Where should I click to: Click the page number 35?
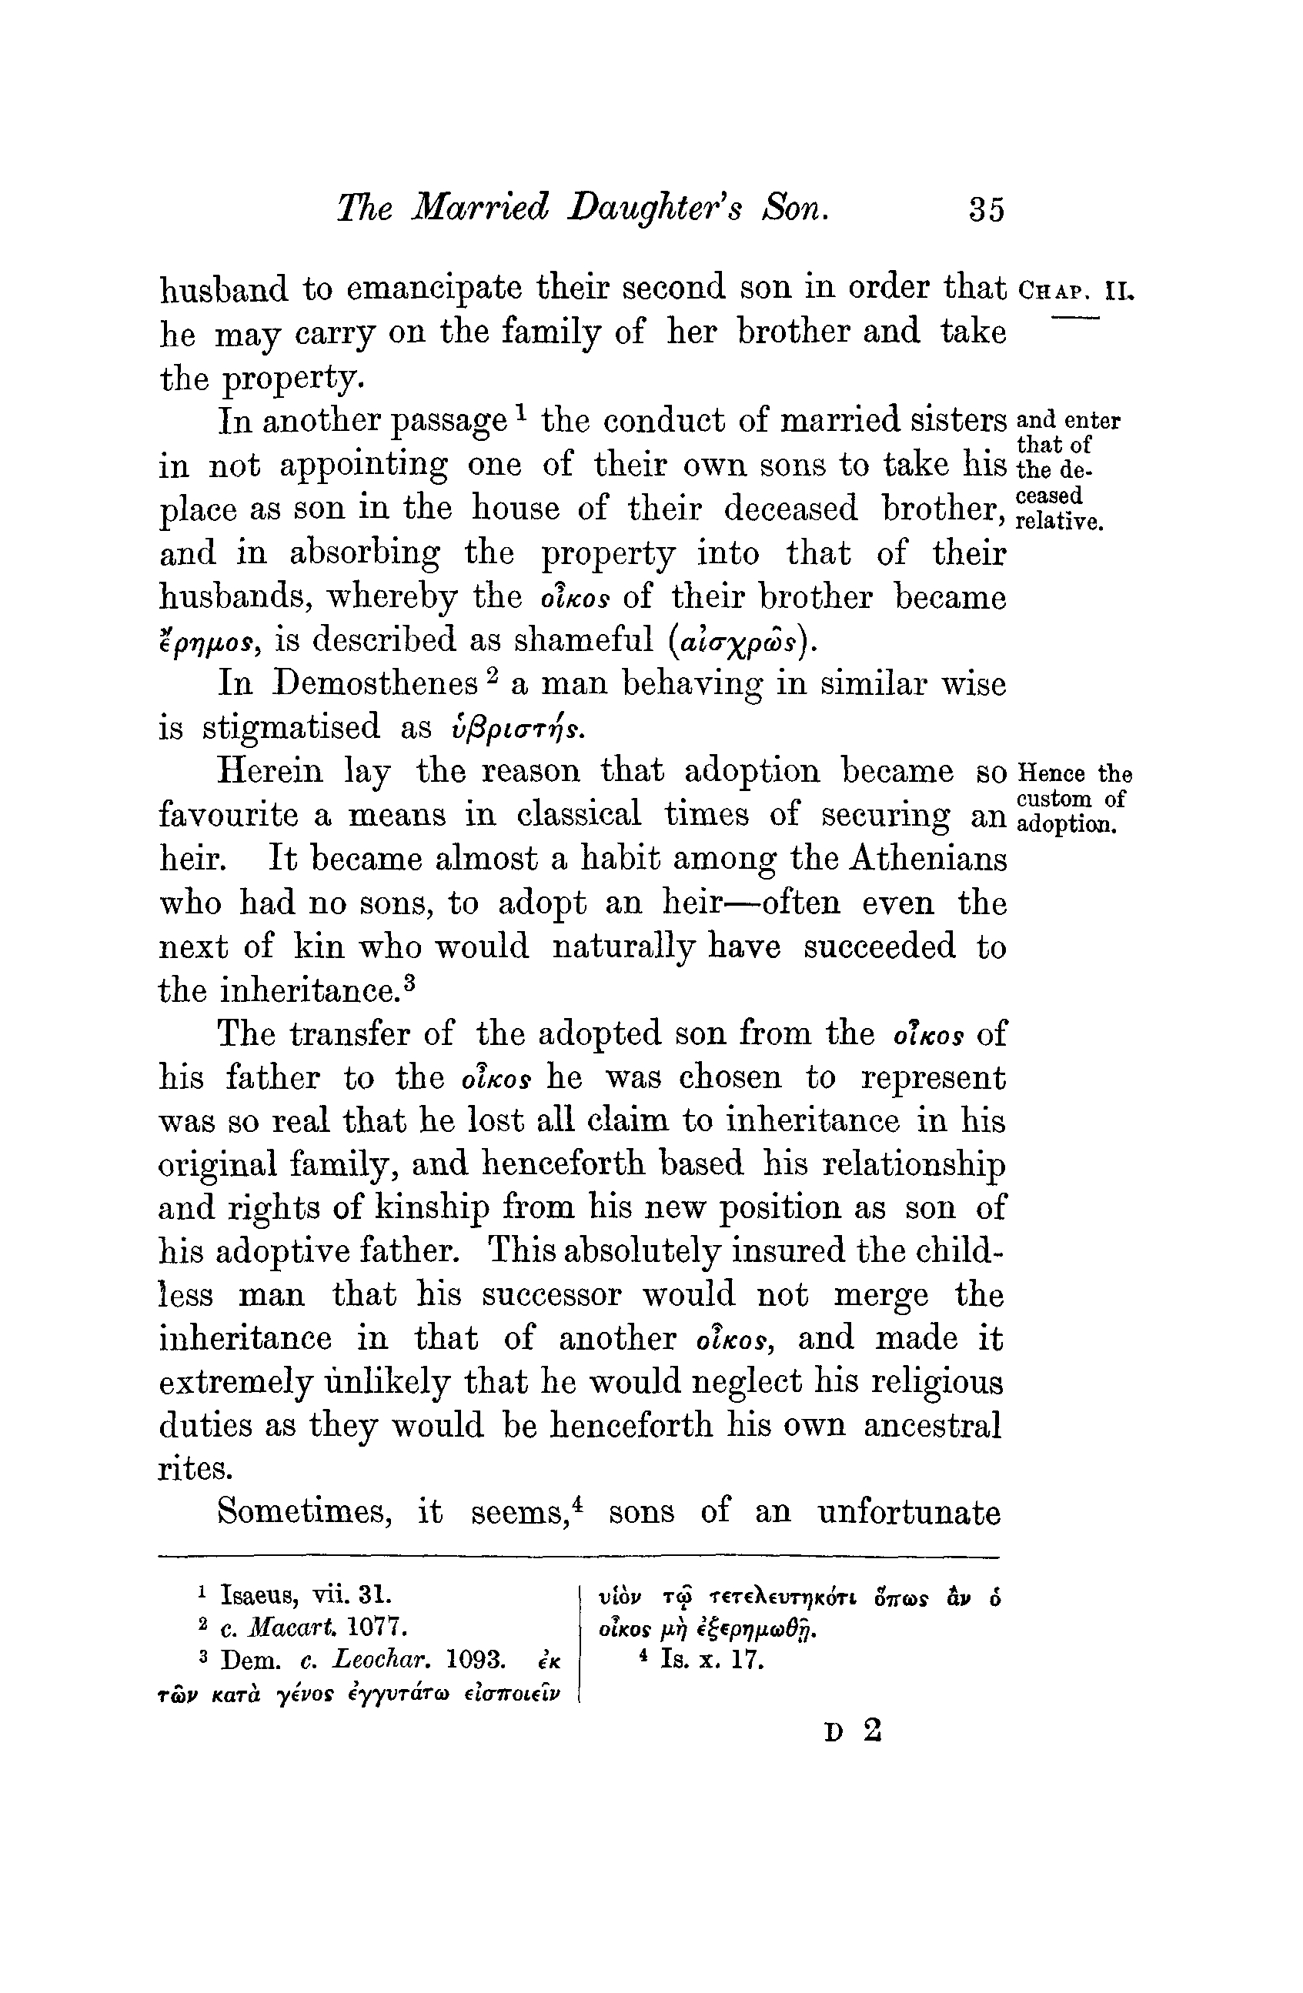coord(986,209)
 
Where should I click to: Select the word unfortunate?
coord(910,1512)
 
